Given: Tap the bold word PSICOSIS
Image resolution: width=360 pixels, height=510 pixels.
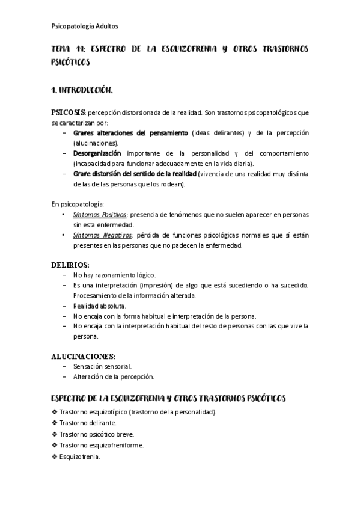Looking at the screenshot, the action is [68, 112].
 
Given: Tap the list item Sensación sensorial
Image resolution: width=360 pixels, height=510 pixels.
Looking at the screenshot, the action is [102, 366].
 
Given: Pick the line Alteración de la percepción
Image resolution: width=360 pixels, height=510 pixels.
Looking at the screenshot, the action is [114, 376].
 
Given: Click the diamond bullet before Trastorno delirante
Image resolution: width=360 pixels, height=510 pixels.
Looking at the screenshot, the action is [55, 423].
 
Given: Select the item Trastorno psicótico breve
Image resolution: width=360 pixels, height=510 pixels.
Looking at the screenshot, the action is [97, 434].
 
